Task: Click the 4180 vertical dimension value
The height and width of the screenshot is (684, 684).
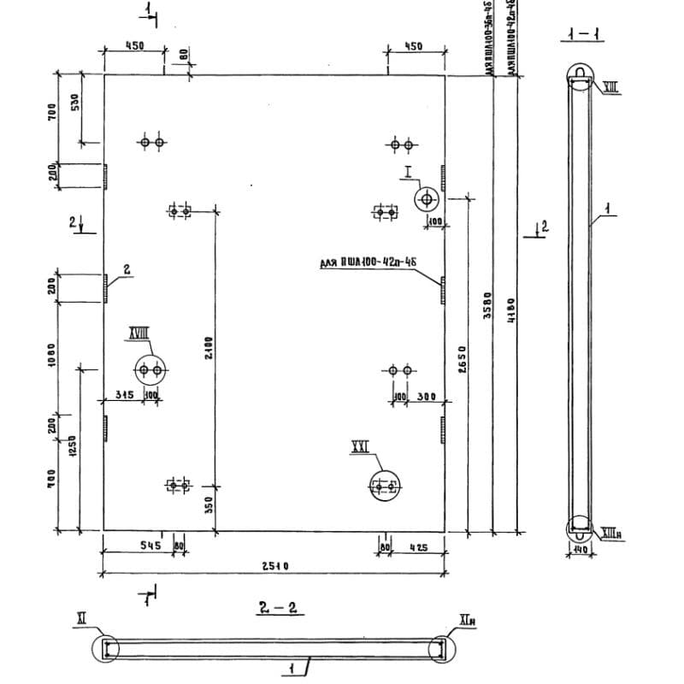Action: pos(510,309)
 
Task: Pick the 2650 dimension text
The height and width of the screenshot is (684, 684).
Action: pos(460,362)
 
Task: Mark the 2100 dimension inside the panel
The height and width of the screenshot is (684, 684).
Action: pos(209,348)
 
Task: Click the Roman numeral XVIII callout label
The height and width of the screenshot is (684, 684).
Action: pos(138,333)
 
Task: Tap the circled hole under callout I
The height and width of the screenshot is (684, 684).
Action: pos(426,199)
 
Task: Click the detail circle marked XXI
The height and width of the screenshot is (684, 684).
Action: pos(384,486)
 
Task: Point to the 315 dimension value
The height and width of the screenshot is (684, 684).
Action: pos(125,395)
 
